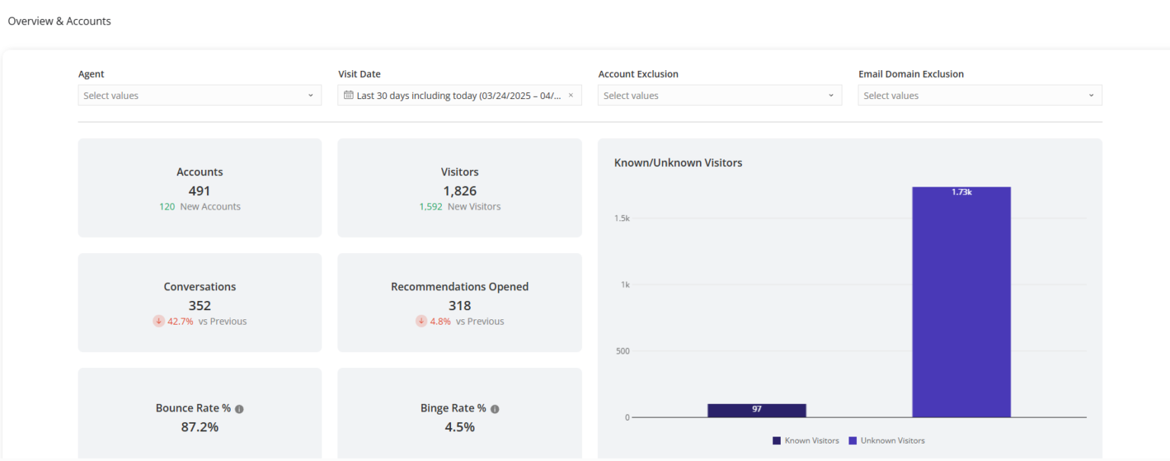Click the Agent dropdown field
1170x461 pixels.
(x=199, y=95)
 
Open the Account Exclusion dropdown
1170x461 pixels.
(x=719, y=95)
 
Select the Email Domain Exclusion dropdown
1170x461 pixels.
(x=980, y=95)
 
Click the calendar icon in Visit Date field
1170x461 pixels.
(x=349, y=95)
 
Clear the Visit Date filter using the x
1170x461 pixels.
(x=571, y=95)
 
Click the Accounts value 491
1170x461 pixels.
(x=200, y=190)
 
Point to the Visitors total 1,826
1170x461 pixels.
(x=459, y=190)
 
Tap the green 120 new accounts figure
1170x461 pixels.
(x=167, y=206)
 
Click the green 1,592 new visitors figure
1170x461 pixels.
(x=430, y=206)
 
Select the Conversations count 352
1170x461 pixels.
(x=200, y=306)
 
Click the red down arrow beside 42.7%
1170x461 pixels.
(x=158, y=322)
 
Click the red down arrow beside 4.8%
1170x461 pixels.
(x=421, y=322)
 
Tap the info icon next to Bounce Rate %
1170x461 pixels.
(x=239, y=409)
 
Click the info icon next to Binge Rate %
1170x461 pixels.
(x=494, y=409)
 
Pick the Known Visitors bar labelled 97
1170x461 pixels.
(x=756, y=410)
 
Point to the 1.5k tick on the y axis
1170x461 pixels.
(x=622, y=219)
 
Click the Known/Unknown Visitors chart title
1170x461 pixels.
(x=678, y=162)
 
